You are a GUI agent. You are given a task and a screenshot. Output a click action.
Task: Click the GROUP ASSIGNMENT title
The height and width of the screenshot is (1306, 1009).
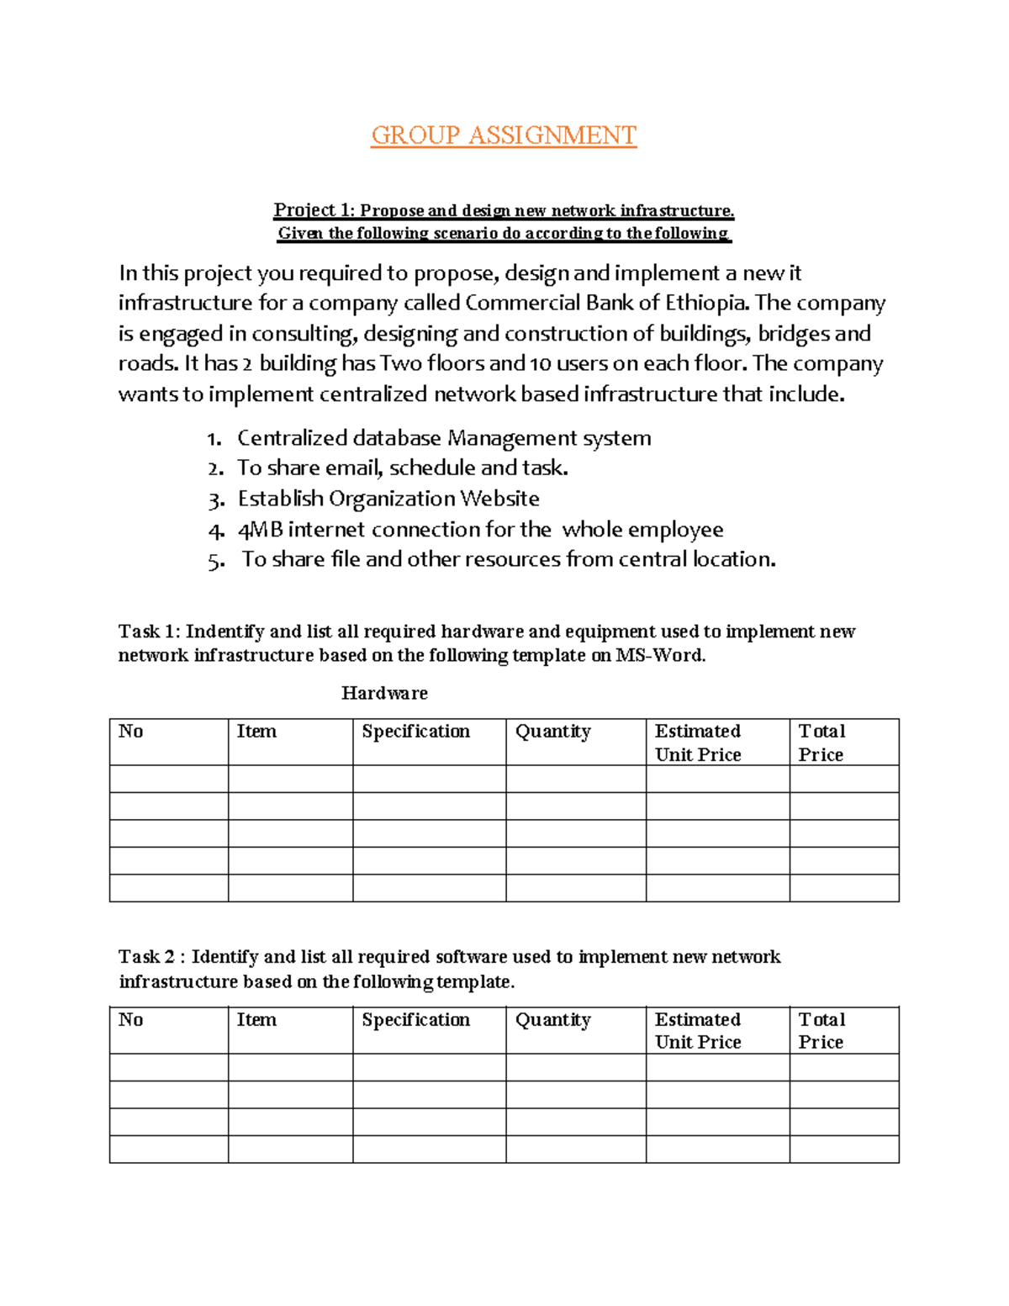(x=504, y=135)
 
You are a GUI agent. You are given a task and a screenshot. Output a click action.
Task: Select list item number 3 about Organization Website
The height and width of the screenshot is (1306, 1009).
(x=388, y=499)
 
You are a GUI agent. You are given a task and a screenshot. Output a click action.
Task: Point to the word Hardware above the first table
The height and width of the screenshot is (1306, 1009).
(x=384, y=693)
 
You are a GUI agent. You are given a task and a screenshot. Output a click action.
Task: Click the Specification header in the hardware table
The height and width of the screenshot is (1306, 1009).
(x=415, y=732)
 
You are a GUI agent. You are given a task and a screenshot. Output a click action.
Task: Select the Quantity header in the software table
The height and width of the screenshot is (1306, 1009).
(x=552, y=1020)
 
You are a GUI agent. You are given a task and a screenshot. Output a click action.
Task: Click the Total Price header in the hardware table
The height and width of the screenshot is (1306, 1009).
(x=821, y=743)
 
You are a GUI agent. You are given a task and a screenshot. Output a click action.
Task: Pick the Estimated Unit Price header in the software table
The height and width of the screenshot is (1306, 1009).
(x=698, y=1030)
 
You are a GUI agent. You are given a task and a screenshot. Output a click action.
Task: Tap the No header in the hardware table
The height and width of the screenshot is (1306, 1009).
(x=130, y=732)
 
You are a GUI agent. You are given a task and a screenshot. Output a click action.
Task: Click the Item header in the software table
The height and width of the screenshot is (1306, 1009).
(x=256, y=1020)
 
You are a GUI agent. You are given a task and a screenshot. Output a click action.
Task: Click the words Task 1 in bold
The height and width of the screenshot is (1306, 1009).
(x=148, y=632)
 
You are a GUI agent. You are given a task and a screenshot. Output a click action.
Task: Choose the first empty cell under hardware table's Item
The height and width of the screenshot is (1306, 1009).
(x=290, y=779)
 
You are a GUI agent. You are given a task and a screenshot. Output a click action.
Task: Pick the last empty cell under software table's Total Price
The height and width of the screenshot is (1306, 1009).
(x=843, y=1150)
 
